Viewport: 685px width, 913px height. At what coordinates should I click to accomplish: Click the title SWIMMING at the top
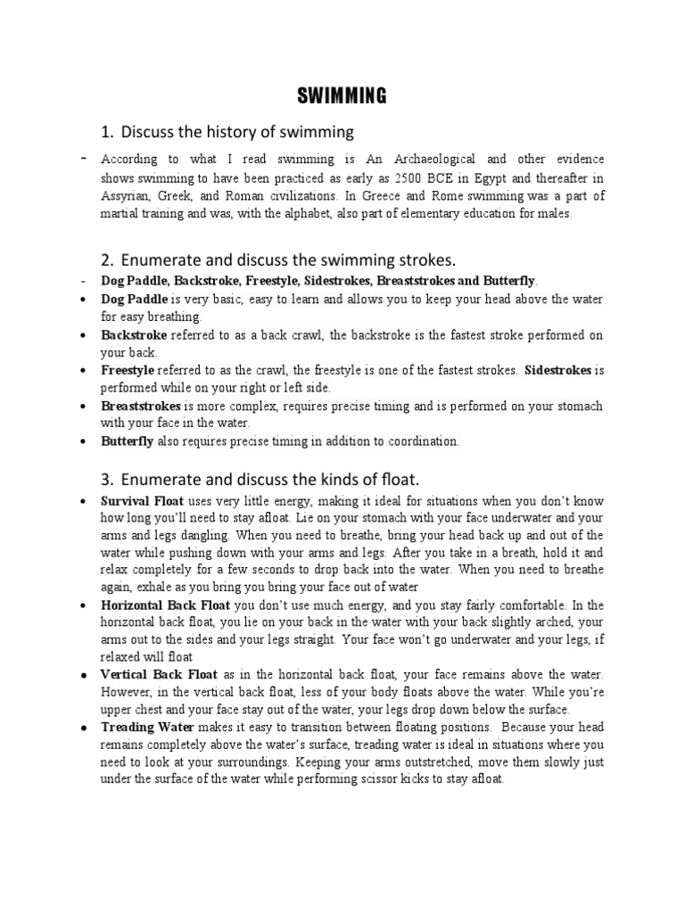(x=342, y=96)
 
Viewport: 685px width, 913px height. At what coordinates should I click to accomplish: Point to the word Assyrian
(x=128, y=194)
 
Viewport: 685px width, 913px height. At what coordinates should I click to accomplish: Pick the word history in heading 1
(x=213, y=132)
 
